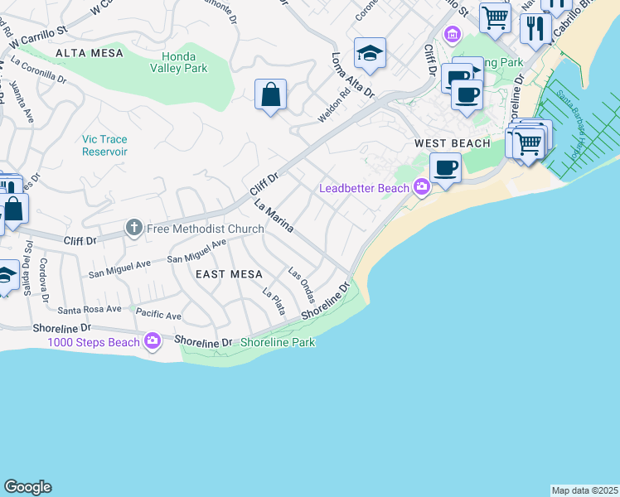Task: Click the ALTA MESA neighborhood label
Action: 89,53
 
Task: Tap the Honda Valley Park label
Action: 178,62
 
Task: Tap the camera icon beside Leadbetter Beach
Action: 422,188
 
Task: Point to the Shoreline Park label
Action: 278,342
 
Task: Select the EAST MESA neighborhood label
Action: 229,274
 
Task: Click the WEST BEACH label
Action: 453,144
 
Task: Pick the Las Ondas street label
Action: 302,285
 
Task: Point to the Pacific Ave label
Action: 158,316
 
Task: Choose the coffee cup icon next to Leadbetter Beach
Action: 445,167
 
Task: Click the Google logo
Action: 27,487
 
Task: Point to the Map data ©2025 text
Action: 584,490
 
